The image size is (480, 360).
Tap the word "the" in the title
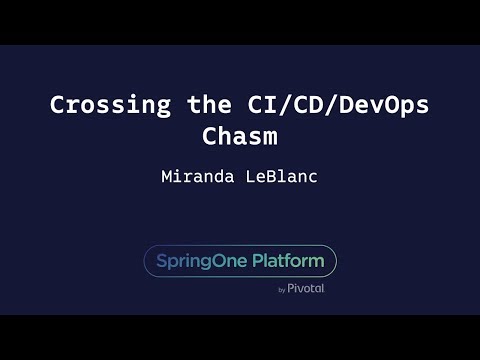pyautogui.click(x=207, y=105)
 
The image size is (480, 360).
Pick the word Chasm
pyautogui.click(x=240, y=136)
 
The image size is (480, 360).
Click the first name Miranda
pyautogui.click(x=194, y=177)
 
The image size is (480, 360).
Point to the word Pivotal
pyautogui.click(x=306, y=289)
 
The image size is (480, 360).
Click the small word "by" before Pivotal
pyautogui.click(x=282, y=290)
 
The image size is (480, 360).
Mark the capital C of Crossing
pyautogui.click(x=58, y=105)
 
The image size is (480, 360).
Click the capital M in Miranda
pyautogui.click(x=166, y=177)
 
